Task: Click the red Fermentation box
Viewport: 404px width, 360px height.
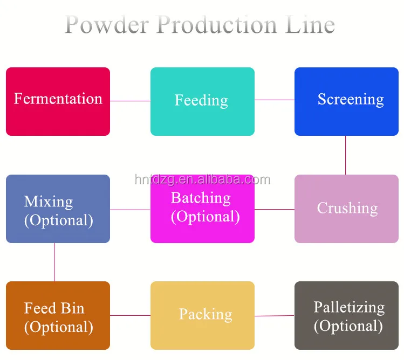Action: [x=58, y=101]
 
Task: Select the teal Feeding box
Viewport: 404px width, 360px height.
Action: [x=202, y=101]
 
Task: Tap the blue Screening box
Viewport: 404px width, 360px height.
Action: [x=346, y=101]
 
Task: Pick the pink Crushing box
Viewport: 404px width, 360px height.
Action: [x=346, y=209]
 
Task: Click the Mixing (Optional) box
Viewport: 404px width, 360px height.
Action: [x=58, y=209]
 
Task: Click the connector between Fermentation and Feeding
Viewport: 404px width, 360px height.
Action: [x=130, y=101]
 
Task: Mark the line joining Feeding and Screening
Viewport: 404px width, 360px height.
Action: [x=275, y=100]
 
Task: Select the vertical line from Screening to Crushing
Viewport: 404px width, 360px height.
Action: [x=346, y=155]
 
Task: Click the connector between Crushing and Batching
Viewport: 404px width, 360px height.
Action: [x=275, y=209]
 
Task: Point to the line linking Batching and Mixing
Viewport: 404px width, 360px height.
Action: [x=130, y=210]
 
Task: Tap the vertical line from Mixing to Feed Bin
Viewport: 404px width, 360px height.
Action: [x=54, y=262]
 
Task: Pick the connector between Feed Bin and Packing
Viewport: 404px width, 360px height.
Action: [x=130, y=315]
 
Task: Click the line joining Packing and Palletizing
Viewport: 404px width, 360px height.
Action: [x=275, y=315]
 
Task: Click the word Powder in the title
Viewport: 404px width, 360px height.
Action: [x=107, y=25]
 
